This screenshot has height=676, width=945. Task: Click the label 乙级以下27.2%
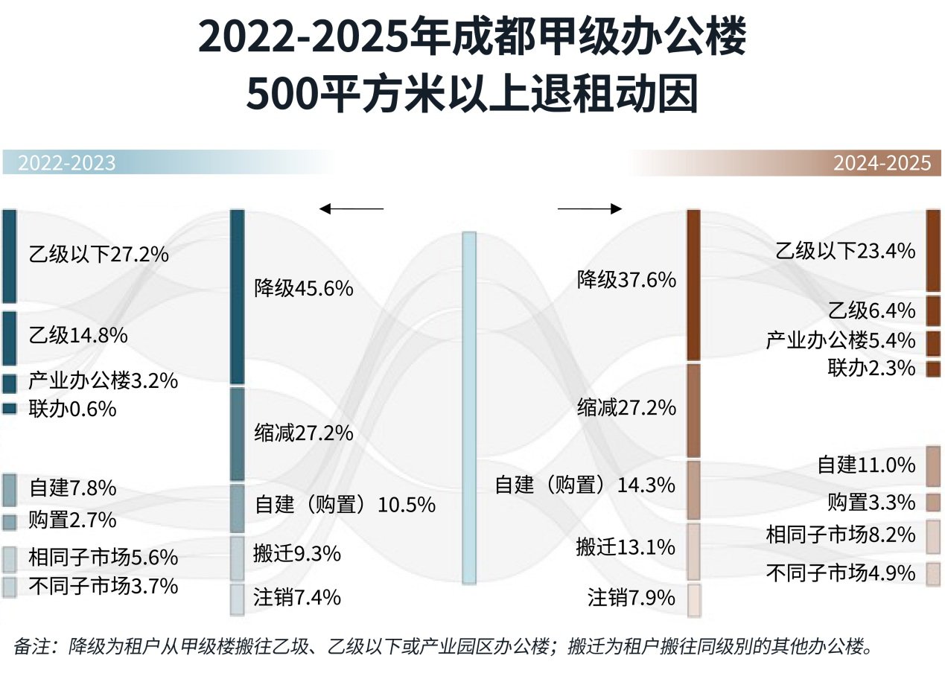[x=98, y=255]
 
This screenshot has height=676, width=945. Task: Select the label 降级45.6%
[x=303, y=288]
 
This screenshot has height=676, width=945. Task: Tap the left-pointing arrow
[x=351, y=209]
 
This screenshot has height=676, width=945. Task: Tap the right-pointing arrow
[x=589, y=209]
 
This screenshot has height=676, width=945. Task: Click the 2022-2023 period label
[x=66, y=163]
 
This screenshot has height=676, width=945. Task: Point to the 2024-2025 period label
[x=882, y=163]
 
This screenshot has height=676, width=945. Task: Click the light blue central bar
[x=468, y=407]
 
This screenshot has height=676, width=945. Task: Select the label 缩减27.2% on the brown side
[x=626, y=408]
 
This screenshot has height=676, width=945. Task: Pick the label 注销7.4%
[x=297, y=597]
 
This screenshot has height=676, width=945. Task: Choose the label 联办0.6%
[x=72, y=409]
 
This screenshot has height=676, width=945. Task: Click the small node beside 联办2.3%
[x=933, y=368]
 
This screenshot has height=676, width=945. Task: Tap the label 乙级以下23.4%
[x=844, y=251]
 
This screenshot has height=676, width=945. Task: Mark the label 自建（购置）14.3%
[x=585, y=485]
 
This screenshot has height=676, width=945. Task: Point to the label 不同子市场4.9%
[x=840, y=573]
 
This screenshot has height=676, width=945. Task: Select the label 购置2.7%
[x=72, y=519]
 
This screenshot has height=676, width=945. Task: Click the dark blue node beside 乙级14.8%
[x=9, y=338]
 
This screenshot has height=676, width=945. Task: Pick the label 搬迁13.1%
[x=626, y=548]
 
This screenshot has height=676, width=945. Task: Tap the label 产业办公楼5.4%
[x=840, y=341]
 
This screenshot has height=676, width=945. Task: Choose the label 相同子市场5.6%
[x=103, y=557]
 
